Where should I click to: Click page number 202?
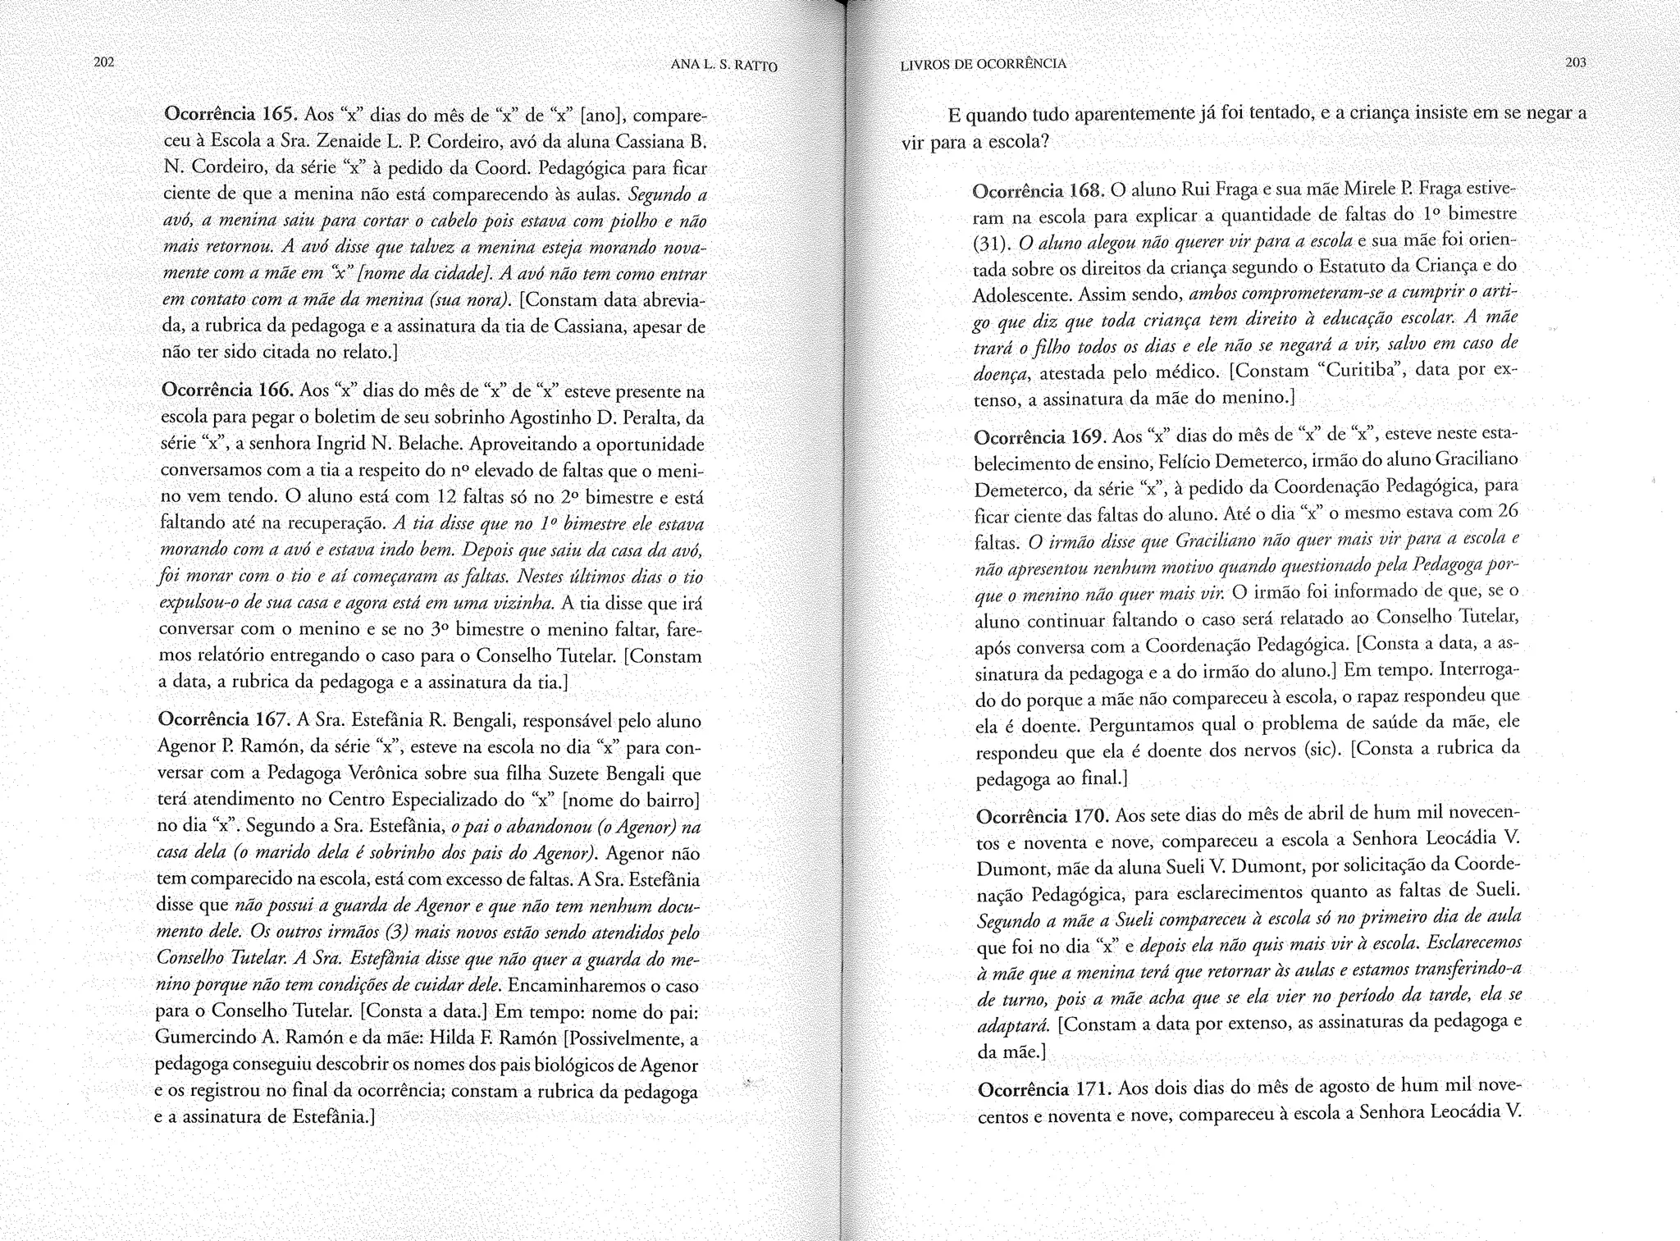point(103,62)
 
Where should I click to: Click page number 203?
point(1575,63)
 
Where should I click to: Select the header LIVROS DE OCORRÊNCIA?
point(983,64)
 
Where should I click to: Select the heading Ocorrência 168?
point(1039,191)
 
